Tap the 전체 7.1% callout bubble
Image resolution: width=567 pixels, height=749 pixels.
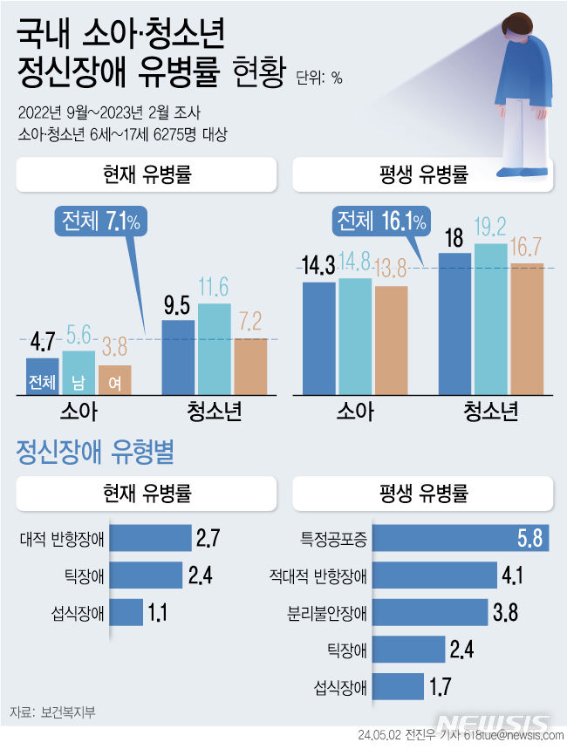[x=100, y=222]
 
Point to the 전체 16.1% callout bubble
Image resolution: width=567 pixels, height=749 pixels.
[x=381, y=222]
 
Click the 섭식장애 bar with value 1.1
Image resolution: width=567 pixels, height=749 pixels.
[x=127, y=612]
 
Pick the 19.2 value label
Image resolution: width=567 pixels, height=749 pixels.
[x=489, y=228]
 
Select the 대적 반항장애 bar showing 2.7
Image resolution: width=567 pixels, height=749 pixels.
[x=151, y=538]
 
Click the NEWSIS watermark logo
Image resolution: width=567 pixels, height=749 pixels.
[x=493, y=724]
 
